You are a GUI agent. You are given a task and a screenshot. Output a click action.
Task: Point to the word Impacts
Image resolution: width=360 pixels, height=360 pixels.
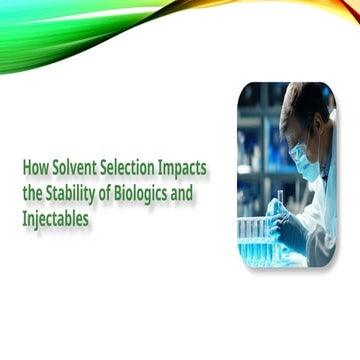point(182,169)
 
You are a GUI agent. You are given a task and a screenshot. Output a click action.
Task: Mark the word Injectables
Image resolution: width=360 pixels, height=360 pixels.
point(56,220)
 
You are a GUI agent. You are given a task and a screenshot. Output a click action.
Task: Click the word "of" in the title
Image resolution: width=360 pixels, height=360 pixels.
point(104,194)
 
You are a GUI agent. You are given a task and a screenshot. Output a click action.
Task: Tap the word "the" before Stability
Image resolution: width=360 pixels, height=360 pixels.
point(33,194)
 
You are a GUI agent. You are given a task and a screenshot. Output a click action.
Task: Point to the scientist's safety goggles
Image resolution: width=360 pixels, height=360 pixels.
point(298,151)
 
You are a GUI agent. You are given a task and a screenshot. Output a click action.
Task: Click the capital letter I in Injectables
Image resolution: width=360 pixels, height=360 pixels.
point(24,218)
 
